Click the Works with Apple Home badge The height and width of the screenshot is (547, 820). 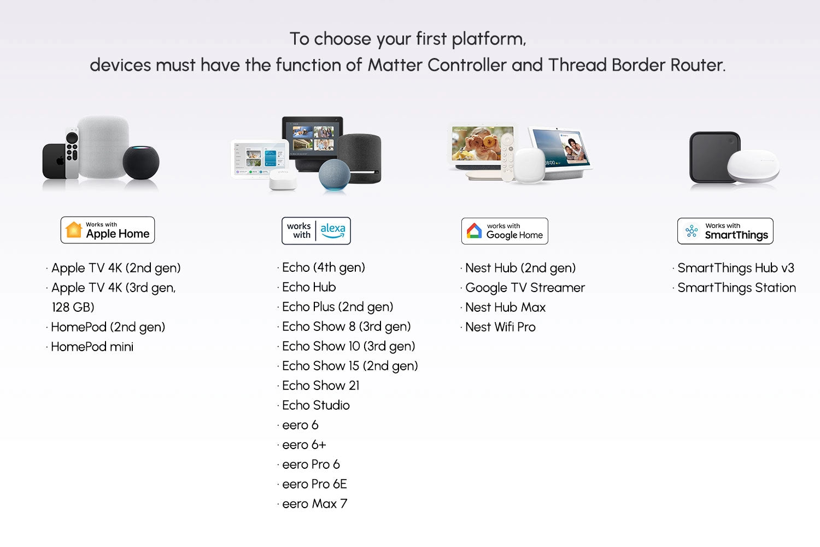point(108,230)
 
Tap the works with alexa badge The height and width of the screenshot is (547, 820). point(316,231)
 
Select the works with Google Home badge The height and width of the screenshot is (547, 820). point(505,231)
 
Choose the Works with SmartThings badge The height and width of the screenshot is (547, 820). point(725,231)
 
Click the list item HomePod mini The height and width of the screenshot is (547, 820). point(92,347)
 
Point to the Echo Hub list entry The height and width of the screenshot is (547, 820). point(309,287)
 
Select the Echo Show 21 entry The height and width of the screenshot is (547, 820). point(320,386)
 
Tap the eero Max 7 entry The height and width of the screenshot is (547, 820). point(314,504)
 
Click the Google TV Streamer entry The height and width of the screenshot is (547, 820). point(525,288)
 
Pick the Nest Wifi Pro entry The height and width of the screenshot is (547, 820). point(500,327)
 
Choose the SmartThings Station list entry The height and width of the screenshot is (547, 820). point(736,288)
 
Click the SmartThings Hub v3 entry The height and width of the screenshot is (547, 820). point(735,268)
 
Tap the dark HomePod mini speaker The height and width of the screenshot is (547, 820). point(140,162)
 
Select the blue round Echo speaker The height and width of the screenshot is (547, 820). point(334,174)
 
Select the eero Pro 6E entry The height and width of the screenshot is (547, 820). point(314,484)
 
